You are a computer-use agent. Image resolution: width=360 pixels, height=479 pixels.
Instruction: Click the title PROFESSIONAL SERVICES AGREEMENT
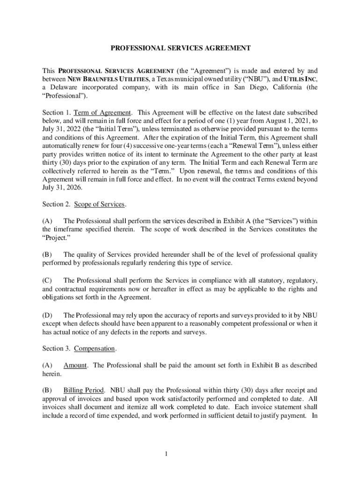180,48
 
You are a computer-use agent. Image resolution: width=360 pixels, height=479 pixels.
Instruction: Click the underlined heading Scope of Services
99,204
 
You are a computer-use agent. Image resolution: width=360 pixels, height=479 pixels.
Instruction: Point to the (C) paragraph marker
47,281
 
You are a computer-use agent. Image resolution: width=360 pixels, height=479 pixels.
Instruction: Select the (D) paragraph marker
47,315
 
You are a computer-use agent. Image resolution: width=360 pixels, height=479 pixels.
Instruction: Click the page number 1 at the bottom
180,453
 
